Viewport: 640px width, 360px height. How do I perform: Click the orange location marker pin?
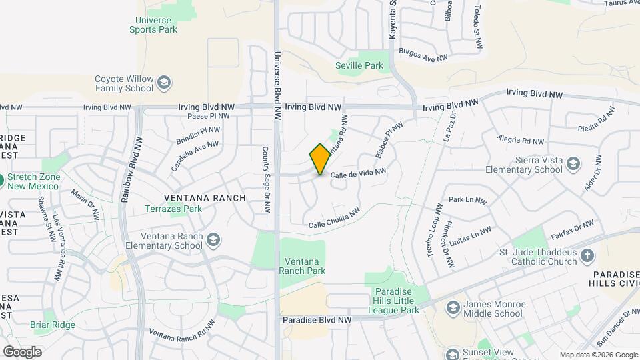[320, 159]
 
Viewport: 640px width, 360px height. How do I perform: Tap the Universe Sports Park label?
[153, 25]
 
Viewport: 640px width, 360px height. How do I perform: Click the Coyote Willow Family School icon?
[164, 83]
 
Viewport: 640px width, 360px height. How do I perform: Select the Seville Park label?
[360, 65]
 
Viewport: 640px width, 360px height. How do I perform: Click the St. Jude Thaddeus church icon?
[587, 256]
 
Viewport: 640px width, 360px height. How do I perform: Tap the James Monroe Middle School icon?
[453, 309]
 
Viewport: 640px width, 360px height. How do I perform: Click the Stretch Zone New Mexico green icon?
[2, 179]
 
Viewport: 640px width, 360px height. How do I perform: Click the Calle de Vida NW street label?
[359, 173]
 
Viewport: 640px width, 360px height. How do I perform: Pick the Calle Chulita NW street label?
[334, 219]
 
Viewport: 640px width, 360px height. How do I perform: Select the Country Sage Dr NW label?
[266, 180]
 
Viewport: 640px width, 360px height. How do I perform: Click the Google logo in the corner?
[22, 351]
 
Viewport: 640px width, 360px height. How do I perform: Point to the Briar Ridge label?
[53, 325]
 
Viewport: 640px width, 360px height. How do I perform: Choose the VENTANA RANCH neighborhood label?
[205, 198]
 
